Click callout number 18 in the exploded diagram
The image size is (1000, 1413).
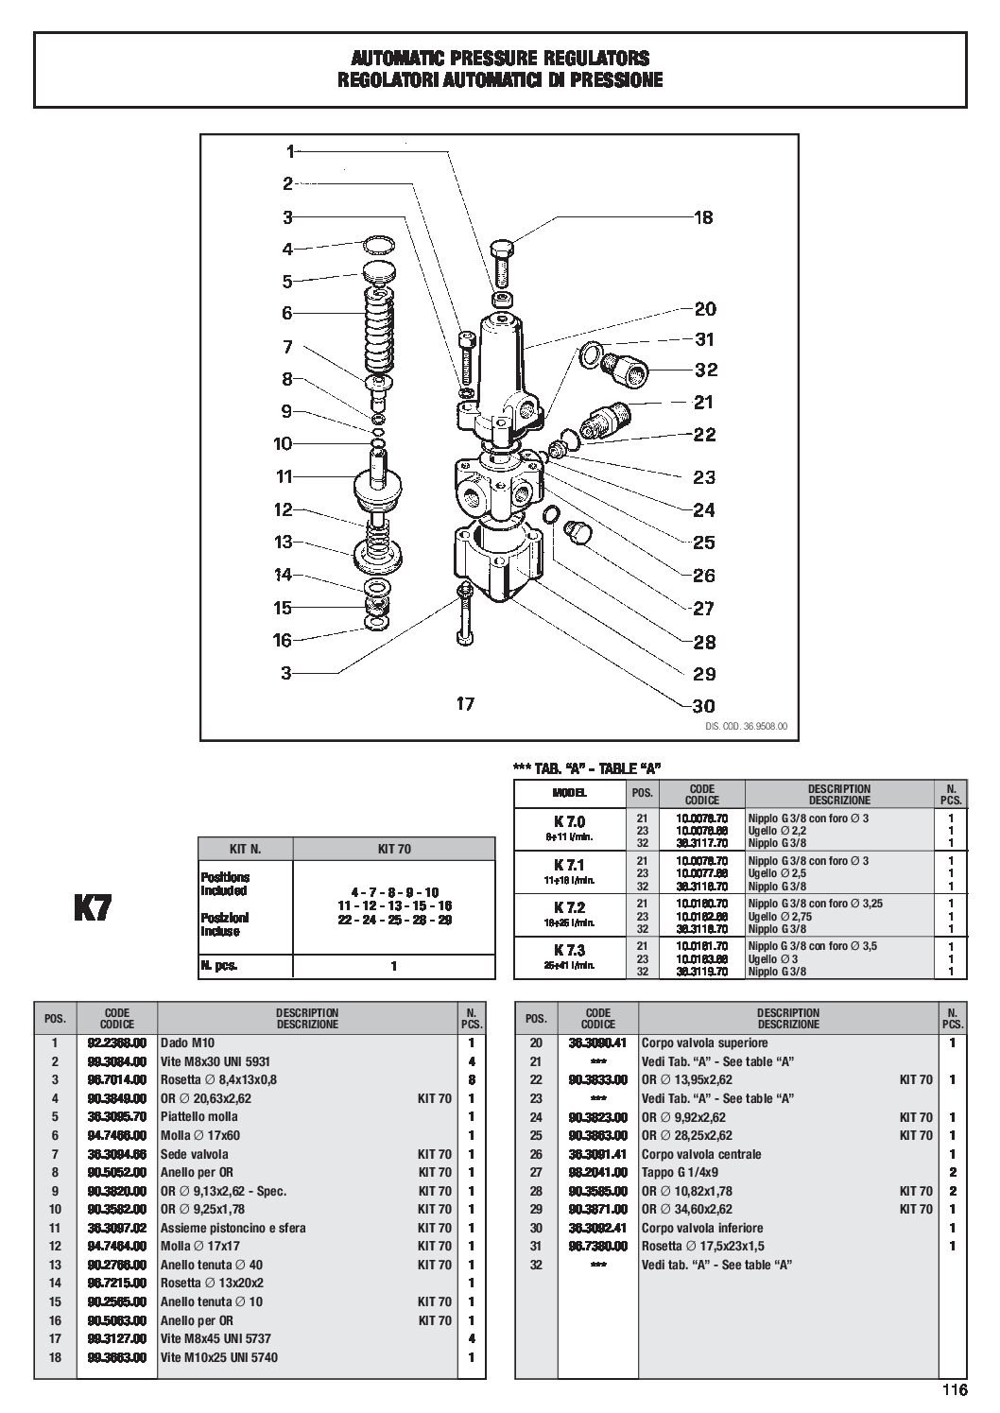703,217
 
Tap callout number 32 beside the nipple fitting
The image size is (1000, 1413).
706,370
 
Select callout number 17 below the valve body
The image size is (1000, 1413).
464,703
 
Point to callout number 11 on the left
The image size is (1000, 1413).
284,477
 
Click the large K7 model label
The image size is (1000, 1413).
93,908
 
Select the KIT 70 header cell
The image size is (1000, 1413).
393,849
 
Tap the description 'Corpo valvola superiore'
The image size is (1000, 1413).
704,1043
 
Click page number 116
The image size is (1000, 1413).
954,1390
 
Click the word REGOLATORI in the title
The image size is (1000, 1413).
390,80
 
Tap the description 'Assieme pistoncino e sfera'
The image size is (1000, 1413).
233,1228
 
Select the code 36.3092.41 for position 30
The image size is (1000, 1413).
598,1228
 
